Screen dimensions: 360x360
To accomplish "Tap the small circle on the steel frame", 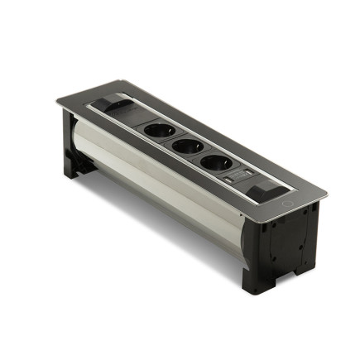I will coord(286,204).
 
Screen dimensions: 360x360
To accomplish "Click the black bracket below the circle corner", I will coord(286,248).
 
